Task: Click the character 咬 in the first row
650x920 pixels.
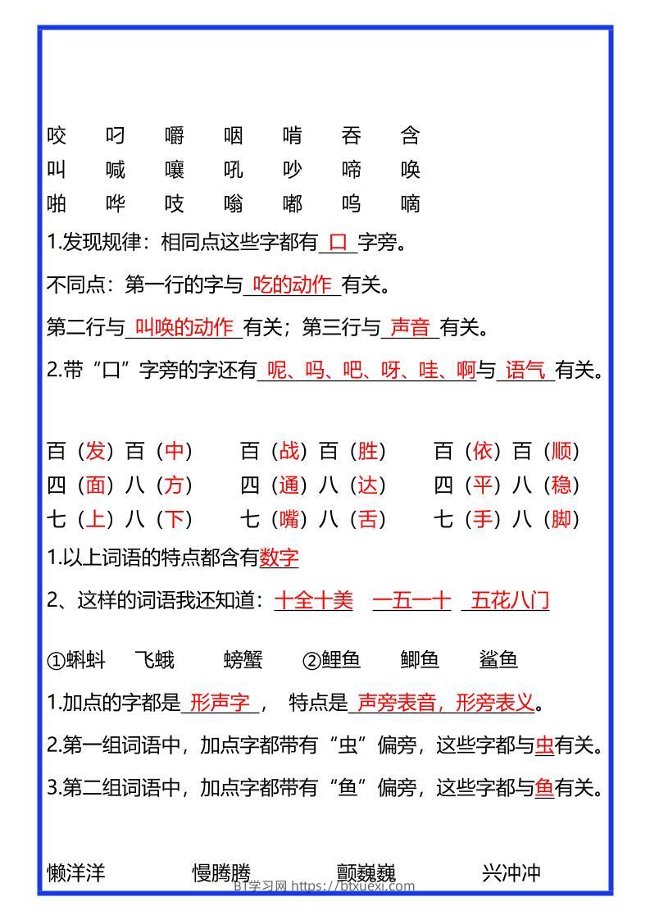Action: click(x=57, y=135)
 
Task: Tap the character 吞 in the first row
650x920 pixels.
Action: click(x=352, y=135)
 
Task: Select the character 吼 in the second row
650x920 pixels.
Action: click(x=234, y=170)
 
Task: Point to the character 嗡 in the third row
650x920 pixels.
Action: click(x=234, y=203)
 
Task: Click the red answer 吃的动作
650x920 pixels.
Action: click(x=292, y=285)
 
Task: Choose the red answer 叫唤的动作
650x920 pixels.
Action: click(x=184, y=328)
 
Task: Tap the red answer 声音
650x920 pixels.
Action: click(x=410, y=328)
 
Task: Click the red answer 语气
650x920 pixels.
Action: click(x=525, y=371)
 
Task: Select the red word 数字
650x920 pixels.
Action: click(x=279, y=558)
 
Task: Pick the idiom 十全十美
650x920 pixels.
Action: click(x=313, y=601)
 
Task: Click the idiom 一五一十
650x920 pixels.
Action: click(x=411, y=601)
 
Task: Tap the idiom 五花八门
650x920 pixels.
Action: click(x=510, y=601)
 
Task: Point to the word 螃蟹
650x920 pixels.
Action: click(x=243, y=659)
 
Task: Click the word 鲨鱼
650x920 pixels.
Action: click(x=498, y=659)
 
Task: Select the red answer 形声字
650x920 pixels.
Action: click(x=220, y=703)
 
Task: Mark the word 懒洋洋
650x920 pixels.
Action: click(x=76, y=872)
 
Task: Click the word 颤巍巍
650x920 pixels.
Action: click(x=366, y=872)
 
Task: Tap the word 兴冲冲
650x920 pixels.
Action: click(x=511, y=872)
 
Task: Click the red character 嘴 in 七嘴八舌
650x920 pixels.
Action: click(x=289, y=519)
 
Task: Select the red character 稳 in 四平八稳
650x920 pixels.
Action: click(x=561, y=485)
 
